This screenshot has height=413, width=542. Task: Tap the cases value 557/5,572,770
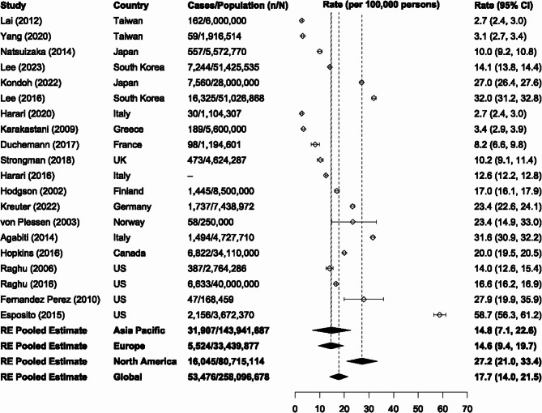215,51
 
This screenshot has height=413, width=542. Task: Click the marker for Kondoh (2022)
361,83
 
